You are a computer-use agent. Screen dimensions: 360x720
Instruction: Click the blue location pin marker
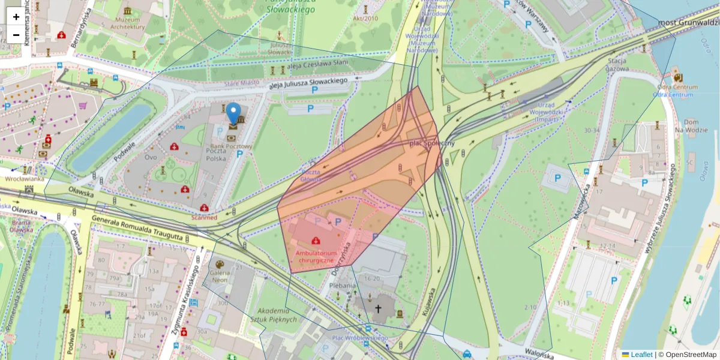tap(233, 113)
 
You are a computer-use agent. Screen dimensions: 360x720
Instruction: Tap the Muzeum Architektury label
tap(125, 23)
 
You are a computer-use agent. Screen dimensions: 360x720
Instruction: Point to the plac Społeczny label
tap(431, 144)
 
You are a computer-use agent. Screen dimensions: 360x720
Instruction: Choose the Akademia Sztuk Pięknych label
tap(277, 315)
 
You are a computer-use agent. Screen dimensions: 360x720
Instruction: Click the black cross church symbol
tap(378, 310)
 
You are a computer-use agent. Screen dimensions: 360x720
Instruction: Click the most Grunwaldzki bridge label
tap(688, 23)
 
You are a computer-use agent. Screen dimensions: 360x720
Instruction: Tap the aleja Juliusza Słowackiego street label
tap(309, 83)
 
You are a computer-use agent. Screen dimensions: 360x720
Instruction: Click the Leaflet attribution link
tap(641, 355)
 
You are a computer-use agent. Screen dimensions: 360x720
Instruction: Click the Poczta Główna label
tap(310, 175)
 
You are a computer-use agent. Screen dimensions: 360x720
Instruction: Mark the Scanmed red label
tap(204, 217)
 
